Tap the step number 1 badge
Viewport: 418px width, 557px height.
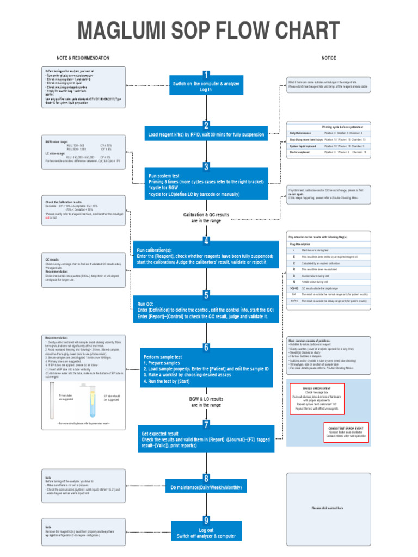(x=206, y=75)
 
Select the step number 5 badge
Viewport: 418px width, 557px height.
(x=206, y=295)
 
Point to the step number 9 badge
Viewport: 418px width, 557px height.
(x=206, y=521)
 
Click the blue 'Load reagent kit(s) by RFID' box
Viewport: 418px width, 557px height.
(x=206, y=134)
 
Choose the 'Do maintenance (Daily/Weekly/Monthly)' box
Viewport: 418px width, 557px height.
(x=206, y=487)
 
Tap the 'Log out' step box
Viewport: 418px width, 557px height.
(x=206, y=533)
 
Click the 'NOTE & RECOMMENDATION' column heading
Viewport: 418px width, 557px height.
(x=83, y=58)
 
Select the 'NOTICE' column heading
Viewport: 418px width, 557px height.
(x=329, y=58)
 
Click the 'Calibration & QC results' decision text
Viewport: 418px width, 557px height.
(x=206, y=215)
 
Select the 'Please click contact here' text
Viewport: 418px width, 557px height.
(x=327, y=508)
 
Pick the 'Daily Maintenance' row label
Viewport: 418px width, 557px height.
(x=300, y=133)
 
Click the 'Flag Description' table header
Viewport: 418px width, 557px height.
(x=300, y=245)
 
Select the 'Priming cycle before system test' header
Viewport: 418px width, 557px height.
(x=342, y=126)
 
